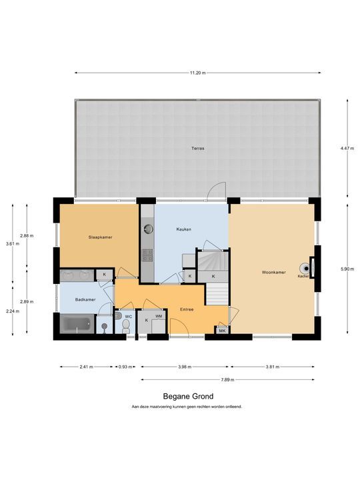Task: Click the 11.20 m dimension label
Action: (x=198, y=73)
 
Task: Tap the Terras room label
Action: (x=198, y=148)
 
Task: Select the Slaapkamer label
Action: (x=101, y=237)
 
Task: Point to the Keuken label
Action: (x=184, y=229)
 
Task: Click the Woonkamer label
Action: (x=274, y=272)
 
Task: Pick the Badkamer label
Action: (x=85, y=300)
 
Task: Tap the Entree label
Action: (x=187, y=309)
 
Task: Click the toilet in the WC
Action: (x=126, y=326)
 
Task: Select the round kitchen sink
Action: (x=149, y=229)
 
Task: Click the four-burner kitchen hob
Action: (x=147, y=255)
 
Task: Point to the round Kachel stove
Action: (x=305, y=269)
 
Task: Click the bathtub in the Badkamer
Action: (x=77, y=324)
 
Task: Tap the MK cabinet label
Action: (x=223, y=331)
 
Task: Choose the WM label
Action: (x=159, y=316)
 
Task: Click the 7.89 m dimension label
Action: (x=228, y=380)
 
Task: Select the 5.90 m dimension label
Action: (x=347, y=269)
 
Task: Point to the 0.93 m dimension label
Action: (x=125, y=367)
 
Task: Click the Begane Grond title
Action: (x=188, y=397)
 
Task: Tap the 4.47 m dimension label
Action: (x=347, y=148)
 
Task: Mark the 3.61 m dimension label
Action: (x=13, y=244)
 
